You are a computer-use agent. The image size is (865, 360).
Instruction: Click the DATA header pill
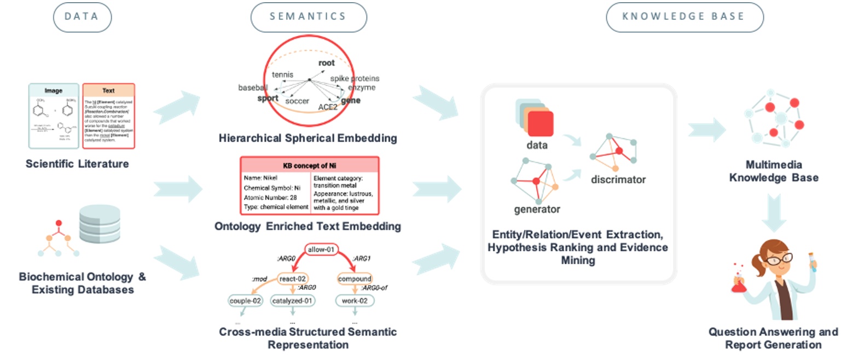coord(82,17)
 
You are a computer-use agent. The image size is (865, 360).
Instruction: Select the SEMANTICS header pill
coord(308,17)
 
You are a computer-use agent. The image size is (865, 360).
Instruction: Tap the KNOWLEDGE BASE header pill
coord(684,17)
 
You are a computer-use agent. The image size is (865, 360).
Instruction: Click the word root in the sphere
coord(326,63)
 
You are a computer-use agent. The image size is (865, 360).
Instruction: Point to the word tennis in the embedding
coord(282,74)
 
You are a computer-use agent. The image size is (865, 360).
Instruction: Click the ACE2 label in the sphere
coord(328,107)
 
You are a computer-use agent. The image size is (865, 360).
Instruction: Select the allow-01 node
coord(321,249)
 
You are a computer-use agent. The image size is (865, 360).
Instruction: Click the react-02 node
coord(293,278)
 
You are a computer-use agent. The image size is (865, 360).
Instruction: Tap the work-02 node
coord(355,300)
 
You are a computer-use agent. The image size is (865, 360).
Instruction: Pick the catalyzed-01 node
coord(292,300)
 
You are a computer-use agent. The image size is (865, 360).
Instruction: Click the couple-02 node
coord(245,300)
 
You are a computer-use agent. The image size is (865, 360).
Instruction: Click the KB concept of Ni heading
coord(309,165)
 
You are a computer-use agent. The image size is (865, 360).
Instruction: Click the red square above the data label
coord(540,123)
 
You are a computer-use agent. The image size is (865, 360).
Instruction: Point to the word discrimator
coord(618,179)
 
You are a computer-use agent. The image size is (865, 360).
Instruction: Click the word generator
coord(537,209)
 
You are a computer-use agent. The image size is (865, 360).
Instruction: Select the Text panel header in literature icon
coord(108,90)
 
